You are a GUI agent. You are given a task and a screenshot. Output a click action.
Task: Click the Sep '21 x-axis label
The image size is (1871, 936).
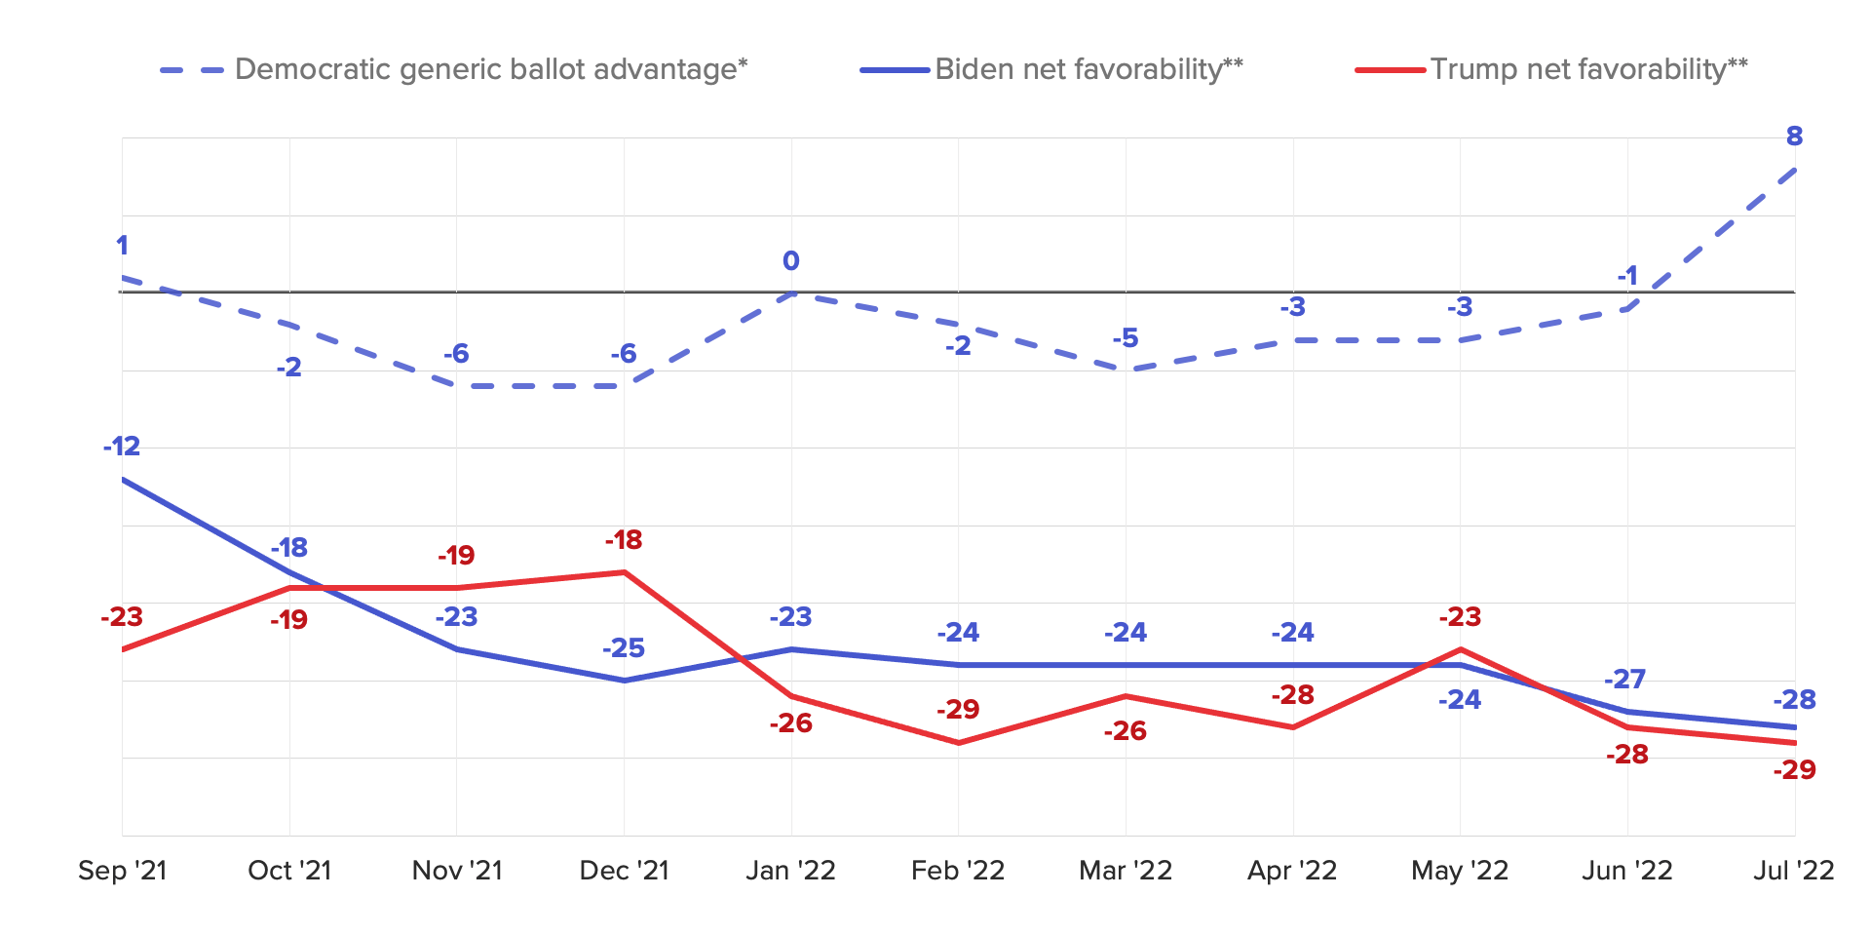click(x=123, y=870)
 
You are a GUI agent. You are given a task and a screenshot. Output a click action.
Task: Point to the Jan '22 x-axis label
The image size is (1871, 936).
click(x=790, y=870)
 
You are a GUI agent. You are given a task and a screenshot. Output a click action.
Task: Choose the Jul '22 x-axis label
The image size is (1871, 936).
click(x=1793, y=870)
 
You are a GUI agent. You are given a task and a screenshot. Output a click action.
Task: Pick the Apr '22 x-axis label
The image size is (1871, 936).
click(x=1292, y=870)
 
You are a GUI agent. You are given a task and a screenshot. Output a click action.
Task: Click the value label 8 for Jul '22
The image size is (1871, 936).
click(x=1794, y=136)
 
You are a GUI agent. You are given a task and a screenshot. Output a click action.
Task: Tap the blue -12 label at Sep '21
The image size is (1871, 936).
click(x=122, y=447)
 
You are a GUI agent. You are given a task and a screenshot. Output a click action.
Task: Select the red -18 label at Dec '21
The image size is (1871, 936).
click(x=624, y=540)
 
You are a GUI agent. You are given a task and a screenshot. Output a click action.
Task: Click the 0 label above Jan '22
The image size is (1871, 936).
click(x=790, y=261)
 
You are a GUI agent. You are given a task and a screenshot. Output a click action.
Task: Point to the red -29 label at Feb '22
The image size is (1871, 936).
click(x=958, y=710)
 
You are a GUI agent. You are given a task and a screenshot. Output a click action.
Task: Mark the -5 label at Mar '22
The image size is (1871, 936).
click(x=1126, y=338)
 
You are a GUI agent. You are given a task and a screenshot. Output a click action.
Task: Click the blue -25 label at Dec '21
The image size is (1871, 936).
click(x=624, y=648)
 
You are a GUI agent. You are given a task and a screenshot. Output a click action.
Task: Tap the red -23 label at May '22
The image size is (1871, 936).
click(x=1460, y=617)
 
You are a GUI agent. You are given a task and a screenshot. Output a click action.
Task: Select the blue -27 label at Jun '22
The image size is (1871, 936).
click(x=1625, y=679)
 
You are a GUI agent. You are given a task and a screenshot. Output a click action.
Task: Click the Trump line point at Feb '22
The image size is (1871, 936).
click(x=959, y=743)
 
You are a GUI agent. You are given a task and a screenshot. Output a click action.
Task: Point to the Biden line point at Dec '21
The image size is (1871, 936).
click(x=624, y=681)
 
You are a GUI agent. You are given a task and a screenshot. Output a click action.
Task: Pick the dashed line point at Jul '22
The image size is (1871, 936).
click(x=1795, y=170)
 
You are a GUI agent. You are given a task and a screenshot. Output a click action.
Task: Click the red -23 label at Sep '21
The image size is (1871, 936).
click(x=122, y=617)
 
